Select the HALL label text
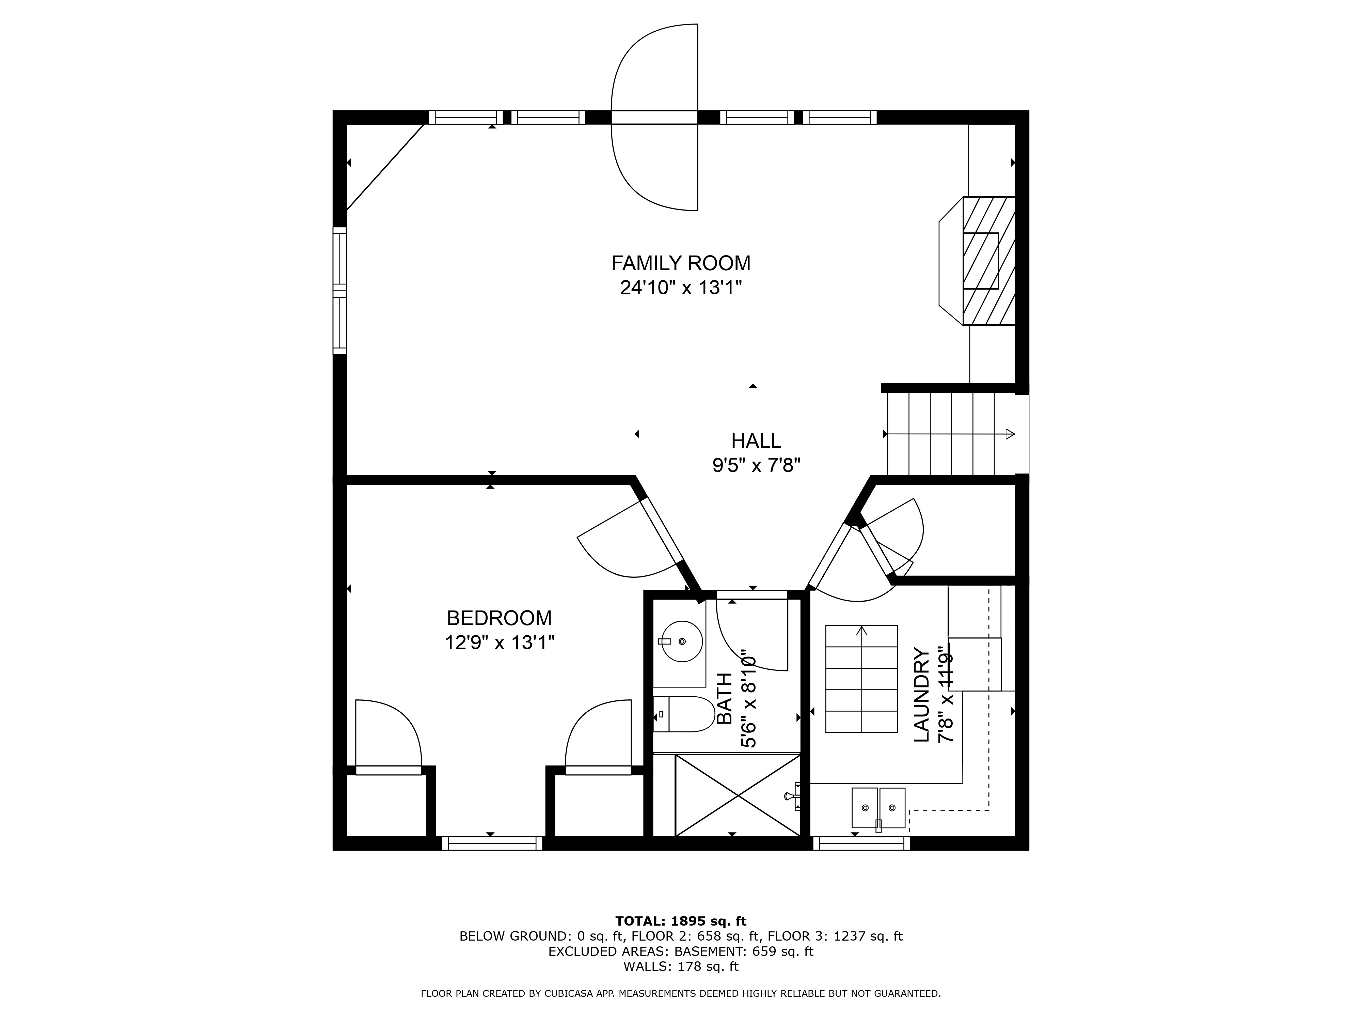[x=756, y=441]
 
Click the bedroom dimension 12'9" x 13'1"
[x=500, y=642]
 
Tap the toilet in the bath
[x=683, y=714]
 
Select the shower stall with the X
[x=738, y=795]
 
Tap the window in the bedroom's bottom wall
[x=492, y=843]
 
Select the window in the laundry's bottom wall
[x=861, y=843]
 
